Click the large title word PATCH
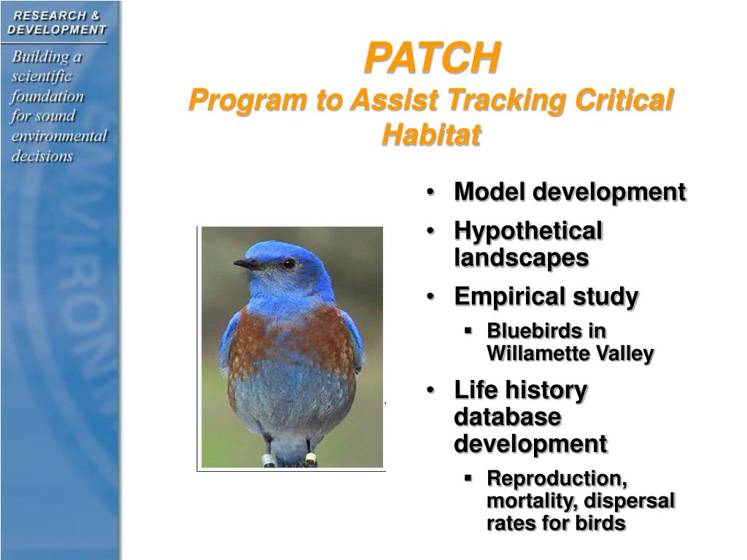click(x=432, y=58)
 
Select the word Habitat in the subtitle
click(x=431, y=134)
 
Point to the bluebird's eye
click(x=289, y=263)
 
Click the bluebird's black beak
click(x=246, y=264)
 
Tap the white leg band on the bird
click(x=268, y=460)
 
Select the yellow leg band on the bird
click(x=311, y=459)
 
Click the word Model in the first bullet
click(x=489, y=192)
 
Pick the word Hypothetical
click(x=528, y=231)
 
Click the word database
click(x=508, y=416)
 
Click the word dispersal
click(x=629, y=501)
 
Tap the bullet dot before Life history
click(x=430, y=391)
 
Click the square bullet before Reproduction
click(x=468, y=477)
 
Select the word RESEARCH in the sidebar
click(x=50, y=16)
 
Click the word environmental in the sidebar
click(x=60, y=136)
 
